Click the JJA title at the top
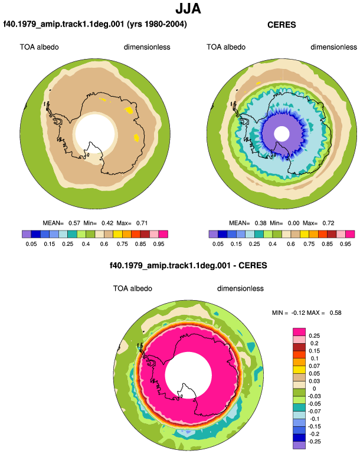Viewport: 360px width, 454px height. coord(188,9)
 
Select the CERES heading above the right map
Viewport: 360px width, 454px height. coord(282,25)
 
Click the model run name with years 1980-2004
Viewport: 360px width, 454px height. coord(95,24)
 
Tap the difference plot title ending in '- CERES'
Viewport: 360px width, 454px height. coord(188,265)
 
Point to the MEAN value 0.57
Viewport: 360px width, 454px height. coord(74,223)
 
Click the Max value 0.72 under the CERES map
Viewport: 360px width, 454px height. coord(328,223)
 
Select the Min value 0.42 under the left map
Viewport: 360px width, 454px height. coord(107,223)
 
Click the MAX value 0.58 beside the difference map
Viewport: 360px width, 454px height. coord(336,312)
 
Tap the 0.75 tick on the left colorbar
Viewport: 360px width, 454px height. coord(122,244)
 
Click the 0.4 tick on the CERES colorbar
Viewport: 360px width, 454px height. coord(273,244)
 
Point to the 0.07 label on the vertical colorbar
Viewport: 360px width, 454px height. coord(314,366)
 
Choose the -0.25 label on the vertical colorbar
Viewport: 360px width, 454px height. coord(314,442)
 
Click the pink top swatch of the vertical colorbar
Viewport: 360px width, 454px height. coord(299,332)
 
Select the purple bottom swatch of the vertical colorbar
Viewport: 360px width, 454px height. coord(299,445)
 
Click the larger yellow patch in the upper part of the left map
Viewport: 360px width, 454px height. coord(129,110)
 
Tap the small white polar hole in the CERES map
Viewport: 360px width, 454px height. coord(282,134)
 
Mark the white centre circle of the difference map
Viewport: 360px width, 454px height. coord(188,376)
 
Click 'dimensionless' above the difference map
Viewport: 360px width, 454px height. coord(240,289)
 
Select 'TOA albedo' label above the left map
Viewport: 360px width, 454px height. coord(39,47)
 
